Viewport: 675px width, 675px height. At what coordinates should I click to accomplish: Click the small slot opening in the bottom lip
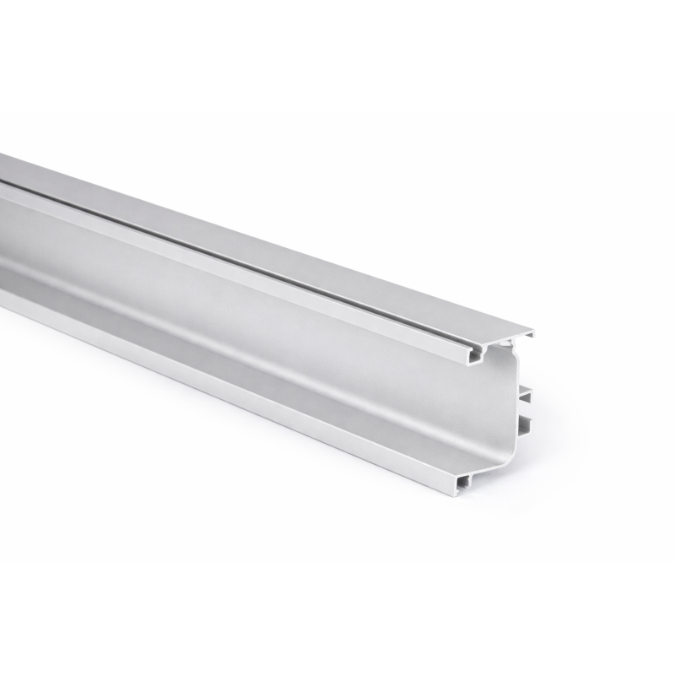point(463,482)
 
